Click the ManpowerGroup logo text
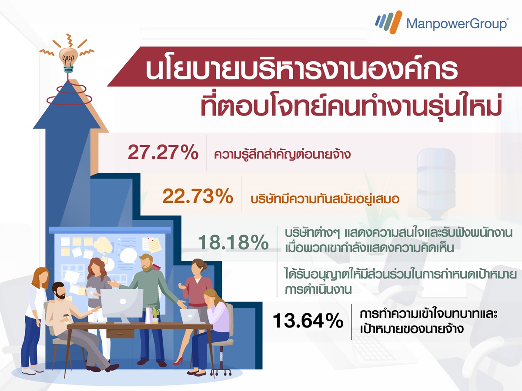(x=457, y=24)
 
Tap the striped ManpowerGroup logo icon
(x=389, y=22)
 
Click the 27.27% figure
(x=163, y=152)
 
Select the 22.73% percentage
(x=197, y=196)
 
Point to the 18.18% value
(x=233, y=242)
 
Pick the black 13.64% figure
(x=308, y=321)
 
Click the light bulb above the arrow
(x=68, y=60)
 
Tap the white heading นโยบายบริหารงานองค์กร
(x=301, y=69)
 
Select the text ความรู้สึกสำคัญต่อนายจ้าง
(x=282, y=154)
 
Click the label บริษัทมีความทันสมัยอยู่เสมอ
(x=325, y=199)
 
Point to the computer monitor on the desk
(x=122, y=305)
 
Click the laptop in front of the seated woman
(x=190, y=316)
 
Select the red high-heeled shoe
(x=178, y=361)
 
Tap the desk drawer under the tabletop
(x=120, y=334)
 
